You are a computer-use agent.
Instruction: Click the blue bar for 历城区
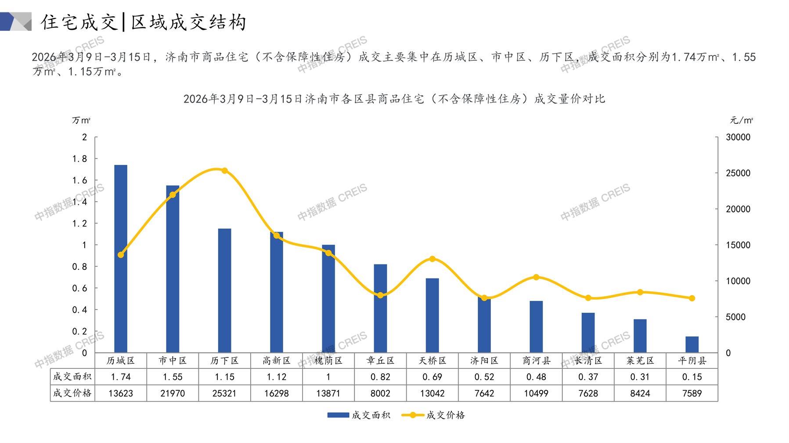[121, 259]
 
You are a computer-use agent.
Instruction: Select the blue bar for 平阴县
[692, 344]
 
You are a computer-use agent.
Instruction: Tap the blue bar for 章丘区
[380, 308]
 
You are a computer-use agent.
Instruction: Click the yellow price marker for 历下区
[225, 171]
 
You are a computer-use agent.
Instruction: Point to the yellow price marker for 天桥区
[432, 259]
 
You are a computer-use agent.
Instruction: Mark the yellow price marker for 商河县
[536, 277]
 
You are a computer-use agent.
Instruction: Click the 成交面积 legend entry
[359, 415]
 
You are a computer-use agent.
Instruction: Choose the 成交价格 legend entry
[433, 415]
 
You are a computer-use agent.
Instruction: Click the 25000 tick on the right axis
[738, 173]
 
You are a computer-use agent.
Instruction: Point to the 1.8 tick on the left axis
[79, 159]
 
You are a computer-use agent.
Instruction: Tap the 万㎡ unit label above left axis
[81, 120]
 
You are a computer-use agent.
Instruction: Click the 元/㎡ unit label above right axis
[741, 120]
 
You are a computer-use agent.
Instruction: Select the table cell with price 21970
[173, 393]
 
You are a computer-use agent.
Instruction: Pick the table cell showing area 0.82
[380, 377]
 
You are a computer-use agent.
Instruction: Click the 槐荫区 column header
[328, 361]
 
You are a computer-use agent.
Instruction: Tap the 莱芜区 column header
[640, 361]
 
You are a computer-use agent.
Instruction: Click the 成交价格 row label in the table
[72, 393]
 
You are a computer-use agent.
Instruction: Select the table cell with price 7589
[692, 393]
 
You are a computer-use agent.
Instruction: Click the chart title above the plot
[394, 99]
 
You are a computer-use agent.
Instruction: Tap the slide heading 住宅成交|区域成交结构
[144, 22]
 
